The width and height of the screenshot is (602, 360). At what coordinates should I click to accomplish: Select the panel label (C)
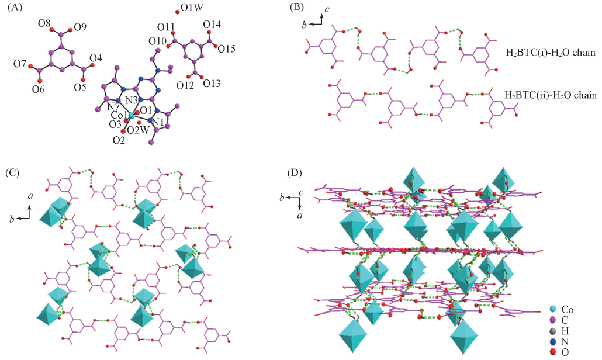[x=13, y=173]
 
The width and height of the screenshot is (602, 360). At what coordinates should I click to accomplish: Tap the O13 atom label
[x=212, y=84]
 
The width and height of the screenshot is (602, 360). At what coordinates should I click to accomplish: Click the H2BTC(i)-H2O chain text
[x=550, y=53]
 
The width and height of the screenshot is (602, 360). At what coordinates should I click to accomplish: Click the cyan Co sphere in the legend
[x=553, y=309]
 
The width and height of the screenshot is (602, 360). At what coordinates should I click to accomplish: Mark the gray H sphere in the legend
[x=553, y=330]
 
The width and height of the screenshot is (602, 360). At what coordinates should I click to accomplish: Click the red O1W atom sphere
[x=177, y=11]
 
